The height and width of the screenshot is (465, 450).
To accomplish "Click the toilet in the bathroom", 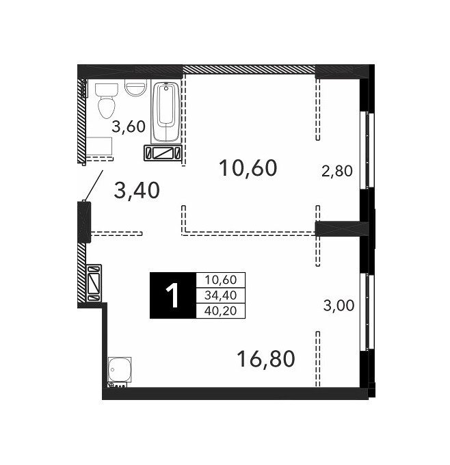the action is coord(107,101).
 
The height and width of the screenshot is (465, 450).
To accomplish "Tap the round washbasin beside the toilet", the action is coord(135,88).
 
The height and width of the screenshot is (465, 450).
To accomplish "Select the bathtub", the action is coord(166,112).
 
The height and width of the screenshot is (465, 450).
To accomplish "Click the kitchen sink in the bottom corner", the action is coord(120,369).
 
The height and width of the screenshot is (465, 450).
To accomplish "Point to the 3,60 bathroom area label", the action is coord(129,127).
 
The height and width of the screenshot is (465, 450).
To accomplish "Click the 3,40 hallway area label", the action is coord(137,191).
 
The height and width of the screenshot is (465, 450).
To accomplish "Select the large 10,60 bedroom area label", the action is coord(248,168).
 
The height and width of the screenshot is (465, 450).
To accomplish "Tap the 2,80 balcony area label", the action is coord(337,171).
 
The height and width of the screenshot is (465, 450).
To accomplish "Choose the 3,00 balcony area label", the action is coord(339,306).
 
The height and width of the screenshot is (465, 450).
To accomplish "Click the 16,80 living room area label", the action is coord(266,358).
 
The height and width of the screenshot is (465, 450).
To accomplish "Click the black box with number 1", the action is coord(173,295).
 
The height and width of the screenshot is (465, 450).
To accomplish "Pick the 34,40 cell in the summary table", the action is coord(221,295).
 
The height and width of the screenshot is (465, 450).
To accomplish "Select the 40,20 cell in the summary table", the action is coord(221,310).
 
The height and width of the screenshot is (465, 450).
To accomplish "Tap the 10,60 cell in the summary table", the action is coord(221,280).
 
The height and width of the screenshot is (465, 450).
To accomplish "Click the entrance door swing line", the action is coord(94,185).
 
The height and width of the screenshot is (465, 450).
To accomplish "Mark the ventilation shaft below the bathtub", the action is coord(163,153).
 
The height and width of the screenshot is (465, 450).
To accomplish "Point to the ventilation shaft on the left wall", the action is coord(94,283).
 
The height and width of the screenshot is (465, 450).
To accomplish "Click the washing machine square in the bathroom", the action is coord(98,146).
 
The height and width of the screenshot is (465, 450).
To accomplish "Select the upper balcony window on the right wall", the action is coord(367,150).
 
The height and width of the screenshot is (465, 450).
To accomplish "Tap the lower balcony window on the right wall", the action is coord(367,312).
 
